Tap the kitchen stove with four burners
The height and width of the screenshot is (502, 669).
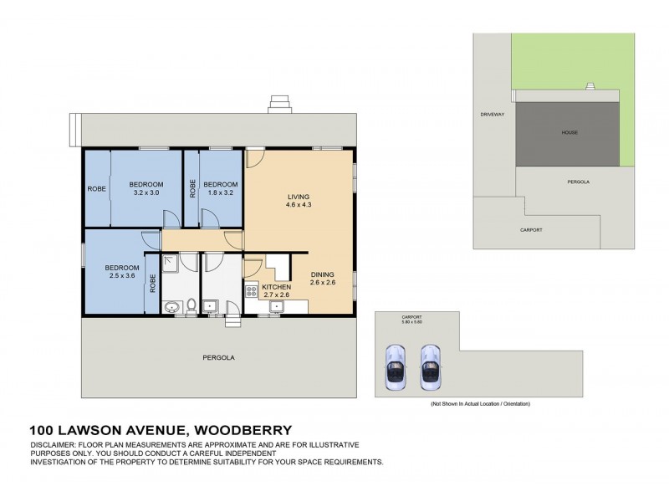(250, 292)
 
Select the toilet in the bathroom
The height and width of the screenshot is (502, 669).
(192, 305)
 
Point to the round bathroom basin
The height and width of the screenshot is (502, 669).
(172, 308)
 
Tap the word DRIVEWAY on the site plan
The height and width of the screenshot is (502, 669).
(493, 114)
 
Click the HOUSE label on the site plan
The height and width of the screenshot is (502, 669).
(569, 132)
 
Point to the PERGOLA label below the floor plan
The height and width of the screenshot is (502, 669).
(219, 357)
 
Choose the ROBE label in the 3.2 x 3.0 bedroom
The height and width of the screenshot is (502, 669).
(95, 188)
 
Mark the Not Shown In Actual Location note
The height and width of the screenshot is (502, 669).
(480, 404)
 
